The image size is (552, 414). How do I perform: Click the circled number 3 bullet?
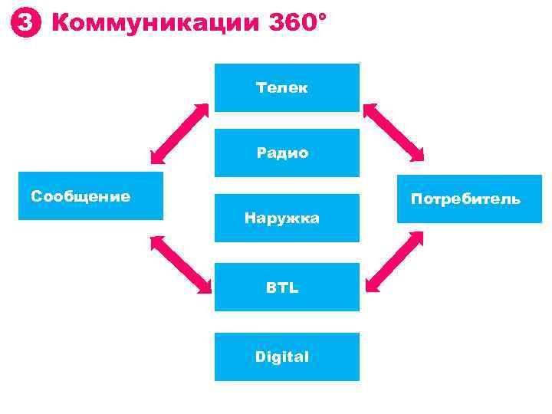click(x=25, y=25)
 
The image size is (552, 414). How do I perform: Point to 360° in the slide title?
click(x=297, y=24)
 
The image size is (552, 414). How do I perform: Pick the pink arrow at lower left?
click(x=181, y=264)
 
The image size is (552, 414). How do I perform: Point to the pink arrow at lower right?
click(x=395, y=261)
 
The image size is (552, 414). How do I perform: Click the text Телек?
click(x=282, y=87)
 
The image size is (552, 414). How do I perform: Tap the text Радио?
click(x=282, y=153)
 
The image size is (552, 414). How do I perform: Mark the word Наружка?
click(x=282, y=219)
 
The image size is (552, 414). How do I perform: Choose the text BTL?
click(x=282, y=288)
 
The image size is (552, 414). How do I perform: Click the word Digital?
click(x=282, y=356)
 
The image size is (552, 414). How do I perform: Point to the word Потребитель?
click(x=465, y=199)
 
